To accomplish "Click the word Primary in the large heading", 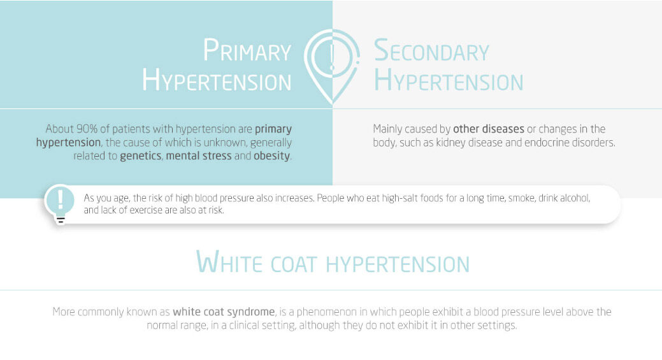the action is [247, 50].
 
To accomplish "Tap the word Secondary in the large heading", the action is [431, 50].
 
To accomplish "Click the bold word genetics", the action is [141, 155].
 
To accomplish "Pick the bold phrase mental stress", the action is [198, 155].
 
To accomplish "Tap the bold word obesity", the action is [271, 155].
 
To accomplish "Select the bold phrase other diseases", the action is [489, 129].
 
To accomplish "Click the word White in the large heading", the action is [229, 263].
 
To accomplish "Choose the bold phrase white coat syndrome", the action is [224, 312].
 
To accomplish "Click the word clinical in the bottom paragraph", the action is [244, 326].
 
